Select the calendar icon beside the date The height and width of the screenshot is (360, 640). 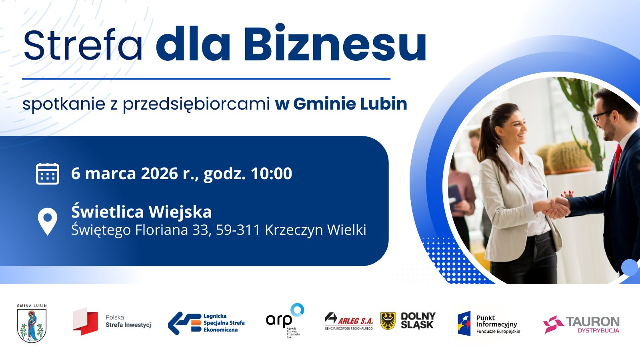(48, 174)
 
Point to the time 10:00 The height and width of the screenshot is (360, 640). (271, 174)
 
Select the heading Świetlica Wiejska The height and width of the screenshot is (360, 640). (142, 212)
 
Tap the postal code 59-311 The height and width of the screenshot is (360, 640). (238, 230)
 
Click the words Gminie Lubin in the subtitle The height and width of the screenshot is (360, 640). (350, 104)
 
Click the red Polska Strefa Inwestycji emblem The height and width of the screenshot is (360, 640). (85, 321)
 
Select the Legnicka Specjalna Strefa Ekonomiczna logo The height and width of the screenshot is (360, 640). (206, 322)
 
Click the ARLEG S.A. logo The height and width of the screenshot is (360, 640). (349, 321)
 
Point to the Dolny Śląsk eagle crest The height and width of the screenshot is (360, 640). (388, 321)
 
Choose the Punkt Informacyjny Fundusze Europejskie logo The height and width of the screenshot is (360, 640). (489, 324)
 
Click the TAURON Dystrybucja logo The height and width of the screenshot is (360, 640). (581, 324)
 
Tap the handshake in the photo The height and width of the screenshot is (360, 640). (557, 206)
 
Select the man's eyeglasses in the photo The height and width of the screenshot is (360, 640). (600, 116)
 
